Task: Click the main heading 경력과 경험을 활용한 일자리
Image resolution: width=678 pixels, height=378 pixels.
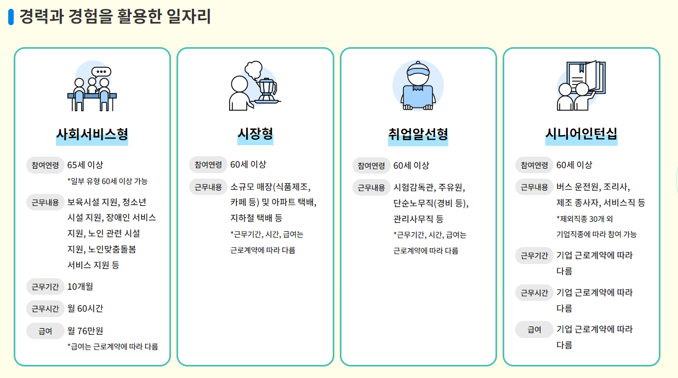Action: [x=115, y=16]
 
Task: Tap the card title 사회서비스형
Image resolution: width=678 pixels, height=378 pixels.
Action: [x=92, y=134]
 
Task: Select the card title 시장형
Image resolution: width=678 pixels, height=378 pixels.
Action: [x=255, y=134]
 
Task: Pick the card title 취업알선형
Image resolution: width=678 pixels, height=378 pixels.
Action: [x=418, y=134]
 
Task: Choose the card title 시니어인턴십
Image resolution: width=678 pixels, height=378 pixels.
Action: [x=581, y=134]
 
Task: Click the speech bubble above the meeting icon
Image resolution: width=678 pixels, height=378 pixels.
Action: [x=101, y=72]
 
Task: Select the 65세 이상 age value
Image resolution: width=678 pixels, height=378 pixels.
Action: [x=85, y=165]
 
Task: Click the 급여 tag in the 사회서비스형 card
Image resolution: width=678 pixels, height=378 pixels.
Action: [x=45, y=331]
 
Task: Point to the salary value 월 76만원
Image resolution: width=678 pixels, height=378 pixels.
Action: [x=85, y=331]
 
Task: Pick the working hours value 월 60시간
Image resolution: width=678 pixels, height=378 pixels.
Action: [x=85, y=308]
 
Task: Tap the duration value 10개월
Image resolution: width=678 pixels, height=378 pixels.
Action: [x=80, y=287]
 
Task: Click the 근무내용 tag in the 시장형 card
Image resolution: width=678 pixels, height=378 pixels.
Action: [x=208, y=187]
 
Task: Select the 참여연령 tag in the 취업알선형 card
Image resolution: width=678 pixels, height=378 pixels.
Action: [x=372, y=165]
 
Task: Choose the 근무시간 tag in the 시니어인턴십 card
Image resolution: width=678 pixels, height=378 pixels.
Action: [x=534, y=293]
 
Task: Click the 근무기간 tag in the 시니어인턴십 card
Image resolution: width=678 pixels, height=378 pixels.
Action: [x=534, y=255]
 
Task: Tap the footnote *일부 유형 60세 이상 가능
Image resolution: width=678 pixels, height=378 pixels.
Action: [x=107, y=181]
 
